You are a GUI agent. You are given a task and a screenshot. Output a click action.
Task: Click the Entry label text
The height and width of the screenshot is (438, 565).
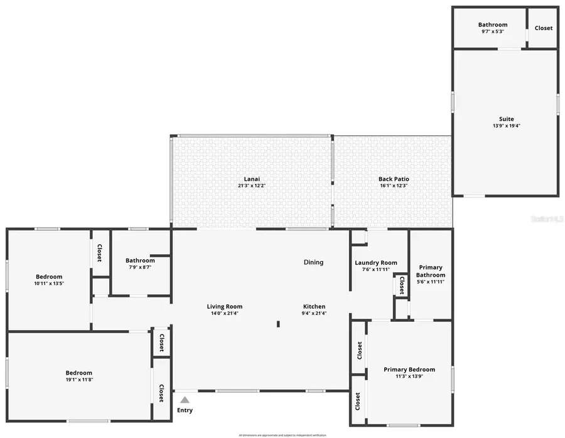coord(185,410)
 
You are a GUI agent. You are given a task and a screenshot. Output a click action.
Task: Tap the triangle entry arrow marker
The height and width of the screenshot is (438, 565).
coord(185,399)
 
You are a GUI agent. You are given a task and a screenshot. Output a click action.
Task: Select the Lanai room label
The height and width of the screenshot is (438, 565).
coord(251,179)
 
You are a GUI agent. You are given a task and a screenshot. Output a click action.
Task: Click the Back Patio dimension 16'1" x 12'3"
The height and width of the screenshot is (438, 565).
coord(394,186)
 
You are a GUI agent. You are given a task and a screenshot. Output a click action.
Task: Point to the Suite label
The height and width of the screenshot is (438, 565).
coord(506,119)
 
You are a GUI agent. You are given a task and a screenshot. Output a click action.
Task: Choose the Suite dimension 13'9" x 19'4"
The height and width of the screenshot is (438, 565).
coord(506,126)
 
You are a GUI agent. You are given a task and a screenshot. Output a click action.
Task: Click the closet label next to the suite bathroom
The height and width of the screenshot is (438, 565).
coord(543,28)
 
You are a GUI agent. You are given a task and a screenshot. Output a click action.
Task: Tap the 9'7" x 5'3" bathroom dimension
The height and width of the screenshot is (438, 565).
coord(492,32)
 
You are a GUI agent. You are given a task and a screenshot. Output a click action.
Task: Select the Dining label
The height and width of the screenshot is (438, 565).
coord(314,262)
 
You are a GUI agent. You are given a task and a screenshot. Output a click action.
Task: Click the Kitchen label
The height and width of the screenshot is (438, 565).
coord(314,307)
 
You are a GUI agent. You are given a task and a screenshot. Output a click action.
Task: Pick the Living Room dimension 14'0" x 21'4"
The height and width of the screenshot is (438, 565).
coord(225,313)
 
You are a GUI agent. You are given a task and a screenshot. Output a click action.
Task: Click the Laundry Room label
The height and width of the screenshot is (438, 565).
coord(376,263)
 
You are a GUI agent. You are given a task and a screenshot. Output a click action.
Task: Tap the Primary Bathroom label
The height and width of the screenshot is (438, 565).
coord(431,271)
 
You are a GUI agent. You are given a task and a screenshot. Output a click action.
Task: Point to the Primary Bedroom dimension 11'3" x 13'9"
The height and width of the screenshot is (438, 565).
coord(409,377)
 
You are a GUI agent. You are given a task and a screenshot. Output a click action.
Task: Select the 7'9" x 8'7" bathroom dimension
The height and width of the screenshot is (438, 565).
coord(140,267)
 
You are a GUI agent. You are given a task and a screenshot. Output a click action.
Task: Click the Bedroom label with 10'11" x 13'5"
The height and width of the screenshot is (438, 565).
coord(49,277)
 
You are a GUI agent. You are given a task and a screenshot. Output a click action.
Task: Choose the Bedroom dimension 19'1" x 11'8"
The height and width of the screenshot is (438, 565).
coord(79,380)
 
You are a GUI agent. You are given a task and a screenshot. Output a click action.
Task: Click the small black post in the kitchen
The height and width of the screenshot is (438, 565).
coord(278,324)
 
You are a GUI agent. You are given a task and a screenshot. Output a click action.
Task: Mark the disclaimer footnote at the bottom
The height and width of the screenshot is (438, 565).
coord(282,435)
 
